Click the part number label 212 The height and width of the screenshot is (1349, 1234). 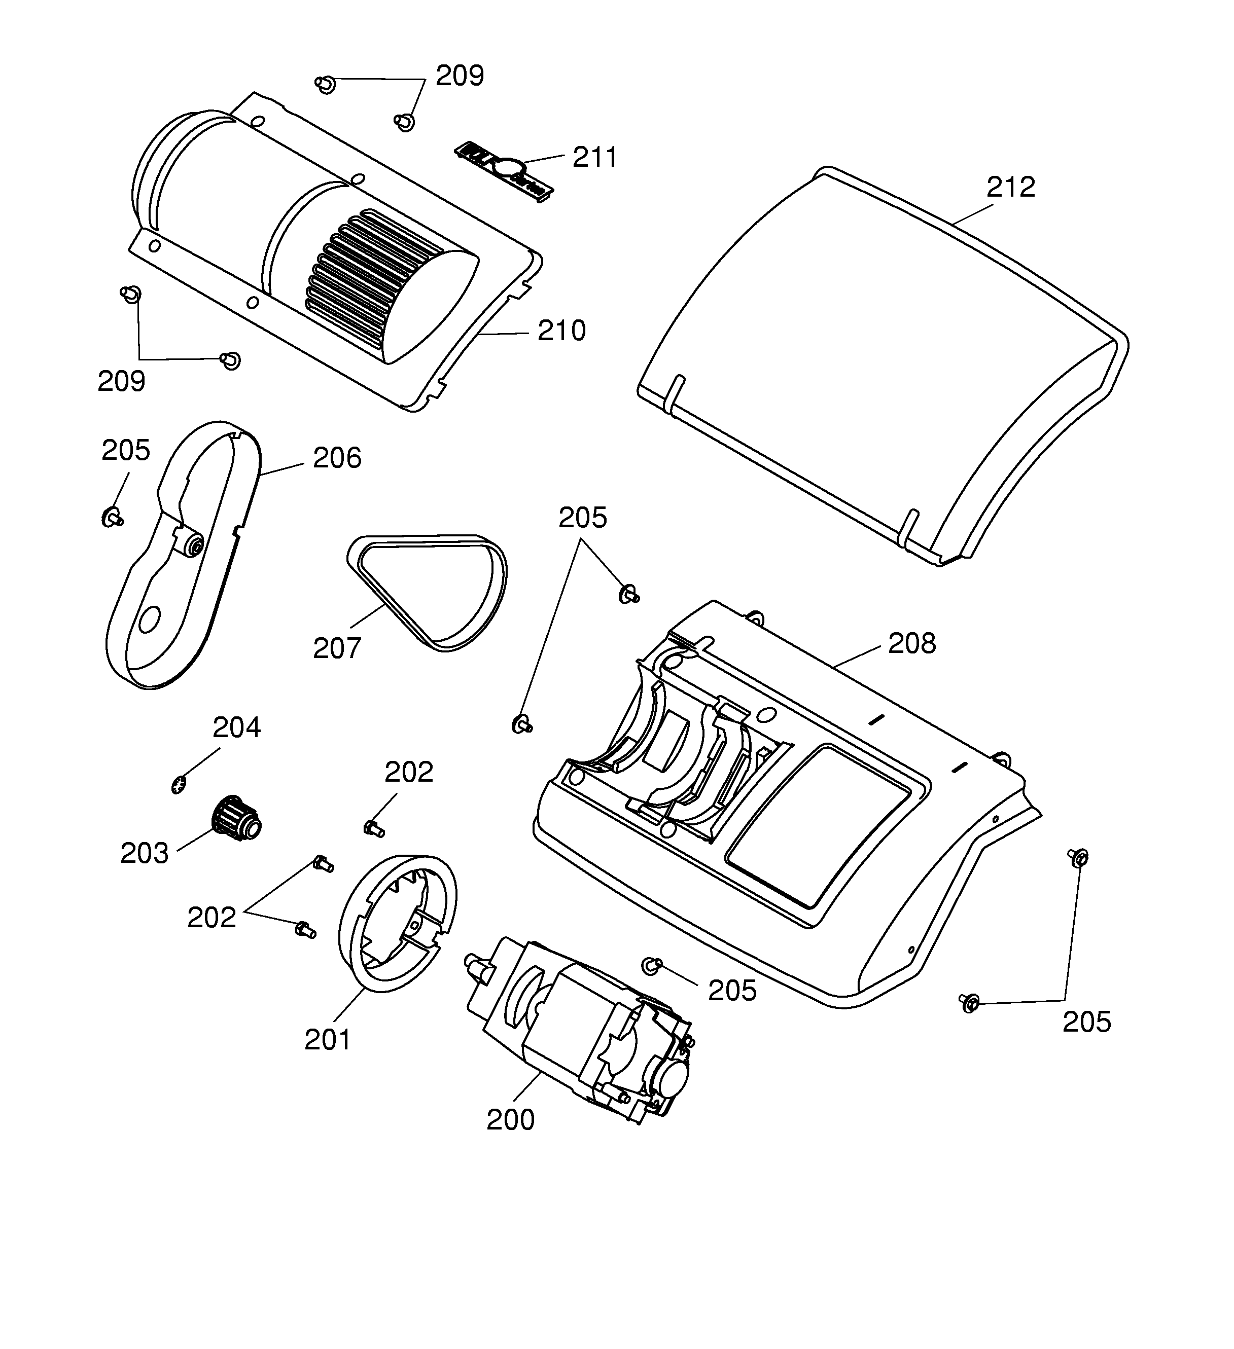coord(1010,188)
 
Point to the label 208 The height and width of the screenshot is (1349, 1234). coord(911,644)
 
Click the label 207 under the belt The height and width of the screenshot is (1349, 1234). coord(337,648)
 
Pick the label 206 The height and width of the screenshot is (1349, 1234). coord(337,458)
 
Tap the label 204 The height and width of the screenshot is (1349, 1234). coord(236,727)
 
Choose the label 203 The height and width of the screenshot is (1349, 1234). coord(144,854)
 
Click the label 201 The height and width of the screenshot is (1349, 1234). coord(328,1040)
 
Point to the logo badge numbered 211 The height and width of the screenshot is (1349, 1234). coord(504,171)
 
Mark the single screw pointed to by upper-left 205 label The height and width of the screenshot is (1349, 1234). coord(111,517)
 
